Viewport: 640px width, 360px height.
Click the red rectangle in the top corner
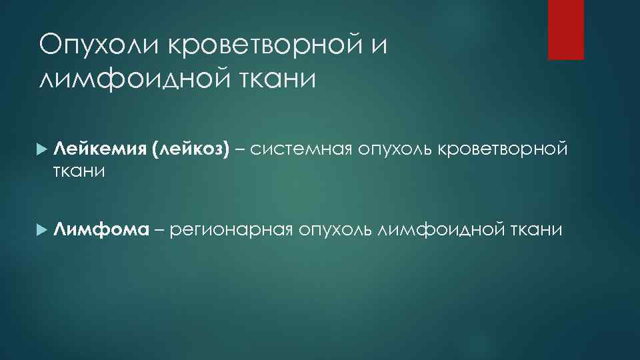click(565, 29)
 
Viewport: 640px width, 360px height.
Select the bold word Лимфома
click(101, 230)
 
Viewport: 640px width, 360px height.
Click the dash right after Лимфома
click(158, 231)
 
